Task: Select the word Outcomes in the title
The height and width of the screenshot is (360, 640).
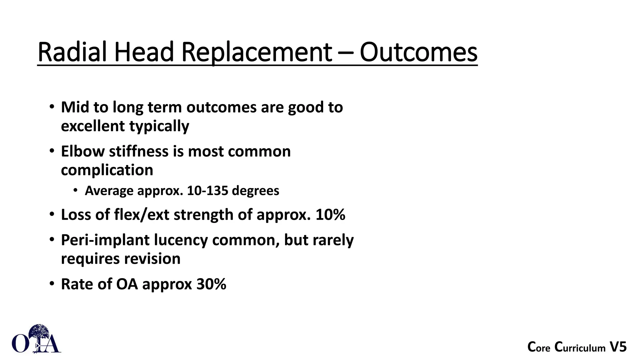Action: pos(418,52)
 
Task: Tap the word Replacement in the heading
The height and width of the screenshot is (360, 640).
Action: pos(256,52)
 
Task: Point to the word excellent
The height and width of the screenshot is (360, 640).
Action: pos(93,126)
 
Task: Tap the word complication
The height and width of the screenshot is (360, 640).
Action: pos(107,170)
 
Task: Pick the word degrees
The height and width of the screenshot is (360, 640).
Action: pos(255,191)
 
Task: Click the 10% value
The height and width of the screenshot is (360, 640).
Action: pos(330,215)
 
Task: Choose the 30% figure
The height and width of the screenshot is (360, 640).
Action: pos(211,284)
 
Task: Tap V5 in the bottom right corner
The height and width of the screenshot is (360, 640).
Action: pos(618,347)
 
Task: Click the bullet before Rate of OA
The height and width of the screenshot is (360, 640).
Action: pos(52,284)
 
